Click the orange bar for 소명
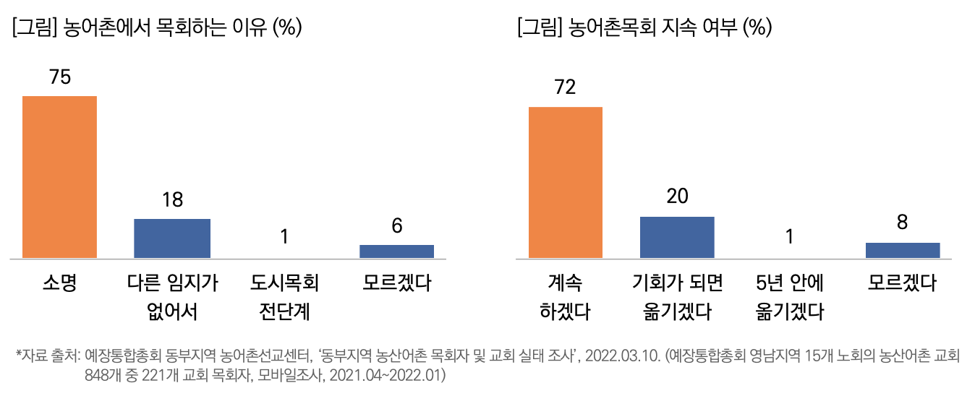(x=60, y=177)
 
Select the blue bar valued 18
(x=172, y=238)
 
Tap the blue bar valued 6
(x=397, y=251)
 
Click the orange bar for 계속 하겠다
(x=566, y=182)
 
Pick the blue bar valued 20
(x=677, y=237)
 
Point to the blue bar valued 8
(x=903, y=250)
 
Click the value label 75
(x=60, y=77)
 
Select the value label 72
(x=565, y=88)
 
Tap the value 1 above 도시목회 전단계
(x=284, y=236)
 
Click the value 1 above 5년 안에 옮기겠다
(x=789, y=236)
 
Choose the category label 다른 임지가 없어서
(x=171, y=297)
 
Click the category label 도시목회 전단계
(x=284, y=297)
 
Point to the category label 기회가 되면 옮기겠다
(x=677, y=297)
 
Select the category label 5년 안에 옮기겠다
(x=789, y=297)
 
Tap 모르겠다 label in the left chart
(x=397, y=283)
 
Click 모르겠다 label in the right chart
(x=902, y=283)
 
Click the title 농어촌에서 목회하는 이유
(x=156, y=28)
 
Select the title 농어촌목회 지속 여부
(x=644, y=28)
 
